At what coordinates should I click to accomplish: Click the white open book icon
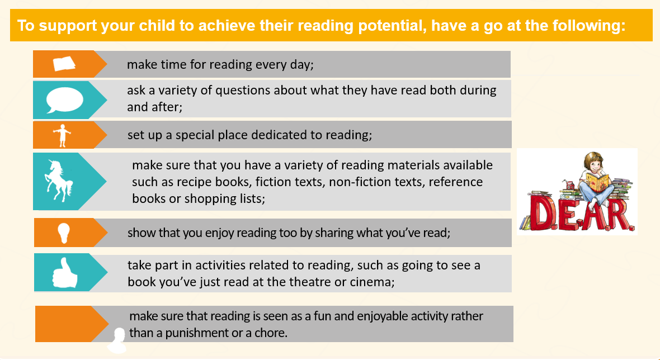[x=64, y=64]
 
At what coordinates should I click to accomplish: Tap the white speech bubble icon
[x=64, y=100]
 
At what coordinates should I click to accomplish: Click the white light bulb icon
[x=64, y=233]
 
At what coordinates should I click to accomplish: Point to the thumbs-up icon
[x=64, y=273]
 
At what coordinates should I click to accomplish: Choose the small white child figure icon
[x=62, y=135]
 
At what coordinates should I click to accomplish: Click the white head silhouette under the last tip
[x=117, y=340]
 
